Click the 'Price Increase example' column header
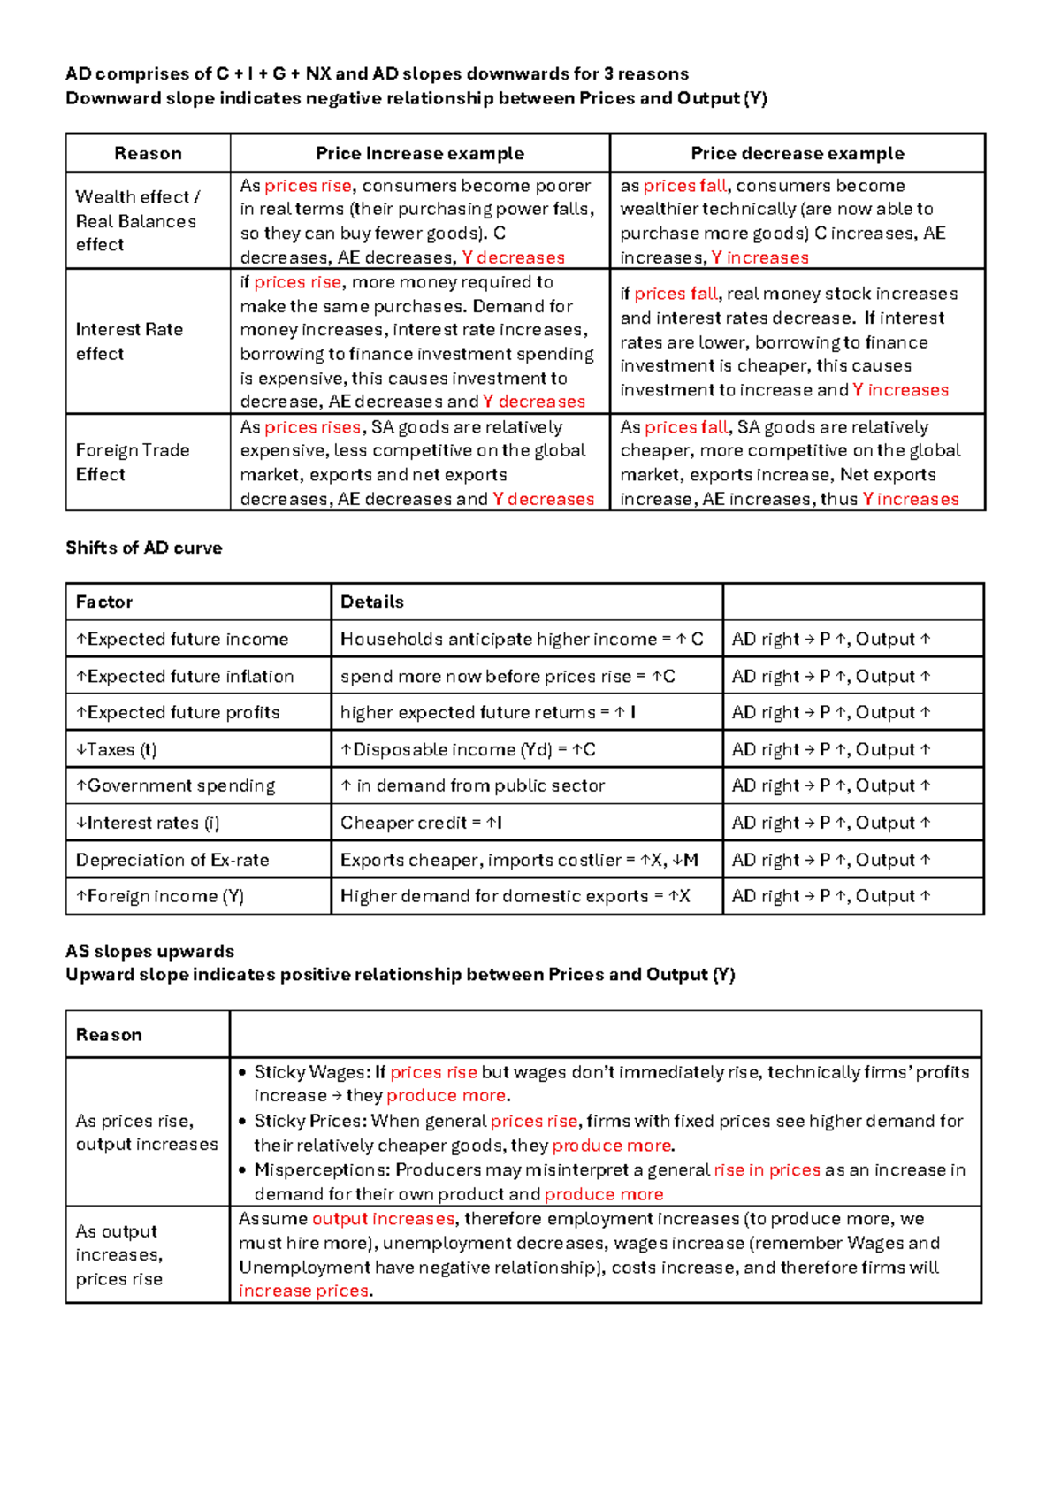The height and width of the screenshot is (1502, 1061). (x=420, y=153)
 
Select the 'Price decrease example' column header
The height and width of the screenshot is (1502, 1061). (x=797, y=153)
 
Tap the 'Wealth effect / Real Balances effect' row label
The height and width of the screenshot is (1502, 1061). (x=137, y=220)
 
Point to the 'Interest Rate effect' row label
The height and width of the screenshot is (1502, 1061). (x=129, y=341)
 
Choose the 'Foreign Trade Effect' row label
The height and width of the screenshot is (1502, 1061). (x=132, y=462)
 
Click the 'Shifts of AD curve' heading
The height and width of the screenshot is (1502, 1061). (x=143, y=548)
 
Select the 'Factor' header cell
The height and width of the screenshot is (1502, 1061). (x=103, y=602)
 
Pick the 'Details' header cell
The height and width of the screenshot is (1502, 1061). (x=372, y=602)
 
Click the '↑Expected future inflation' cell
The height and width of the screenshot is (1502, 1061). (x=185, y=676)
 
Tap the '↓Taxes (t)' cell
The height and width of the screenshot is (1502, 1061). (x=116, y=749)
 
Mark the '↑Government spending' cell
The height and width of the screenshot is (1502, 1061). (x=175, y=785)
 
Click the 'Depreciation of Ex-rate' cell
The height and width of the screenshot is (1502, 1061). (x=172, y=860)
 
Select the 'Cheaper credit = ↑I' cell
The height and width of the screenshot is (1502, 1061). (x=421, y=823)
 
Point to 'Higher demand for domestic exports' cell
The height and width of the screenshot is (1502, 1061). (x=515, y=896)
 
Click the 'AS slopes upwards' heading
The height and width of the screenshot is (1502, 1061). (x=149, y=951)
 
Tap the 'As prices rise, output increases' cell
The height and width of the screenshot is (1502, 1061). (x=146, y=1132)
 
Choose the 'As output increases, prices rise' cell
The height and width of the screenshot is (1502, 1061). (x=118, y=1254)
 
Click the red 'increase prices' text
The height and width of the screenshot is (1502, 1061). (x=303, y=1291)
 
